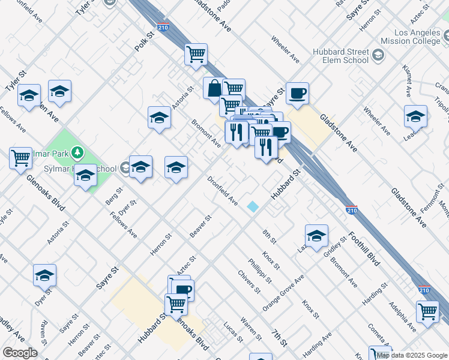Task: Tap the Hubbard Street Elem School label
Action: [340, 56]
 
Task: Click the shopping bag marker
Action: [214, 89]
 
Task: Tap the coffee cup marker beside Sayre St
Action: [297, 94]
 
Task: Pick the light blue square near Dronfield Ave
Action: [253, 206]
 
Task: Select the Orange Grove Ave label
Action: [283, 293]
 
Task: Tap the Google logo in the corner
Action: [20, 353]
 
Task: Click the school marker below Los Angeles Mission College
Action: [415, 116]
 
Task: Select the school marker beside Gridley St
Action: [316, 236]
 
